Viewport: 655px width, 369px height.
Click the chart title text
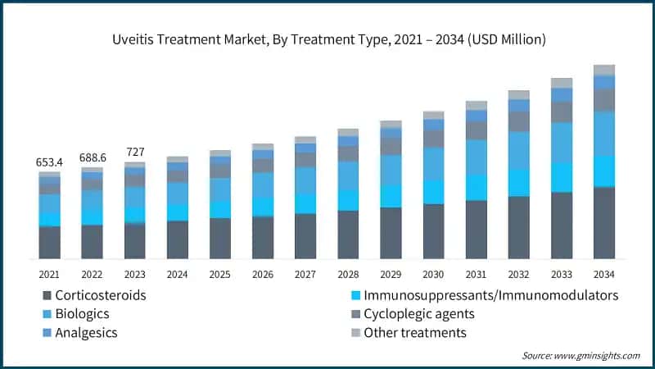click(327, 39)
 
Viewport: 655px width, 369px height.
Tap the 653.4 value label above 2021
click(49, 162)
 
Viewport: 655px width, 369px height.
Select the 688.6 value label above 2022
click(92, 157)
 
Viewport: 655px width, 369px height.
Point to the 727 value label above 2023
click(134, 152)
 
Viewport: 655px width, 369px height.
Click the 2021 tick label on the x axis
click(49, 274)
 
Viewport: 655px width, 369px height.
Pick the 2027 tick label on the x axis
click(305, 274)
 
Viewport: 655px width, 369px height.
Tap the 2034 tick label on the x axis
click(604, 274)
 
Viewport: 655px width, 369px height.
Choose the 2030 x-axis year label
click(433, 274)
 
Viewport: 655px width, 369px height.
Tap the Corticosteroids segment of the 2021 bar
click(49, 243)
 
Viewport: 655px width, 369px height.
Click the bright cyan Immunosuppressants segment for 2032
click(519, 183)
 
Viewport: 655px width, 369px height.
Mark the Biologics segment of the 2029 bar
click(391, 170)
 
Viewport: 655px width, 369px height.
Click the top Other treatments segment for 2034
click(604, 70)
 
